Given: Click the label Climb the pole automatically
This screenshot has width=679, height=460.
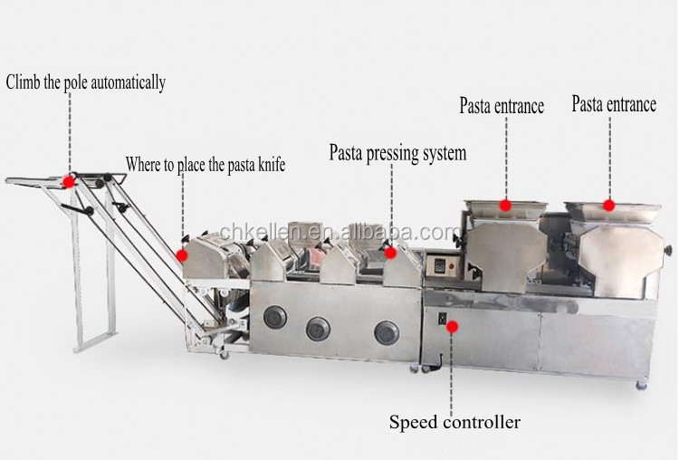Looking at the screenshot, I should [86, 83].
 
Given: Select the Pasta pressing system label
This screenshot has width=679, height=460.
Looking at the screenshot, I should [397, 153].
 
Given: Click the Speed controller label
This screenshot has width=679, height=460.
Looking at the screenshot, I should [454, 421].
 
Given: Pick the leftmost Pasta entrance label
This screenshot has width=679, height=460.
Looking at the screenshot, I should [501, 106].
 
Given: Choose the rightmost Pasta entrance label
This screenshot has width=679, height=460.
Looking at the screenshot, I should [613, 104].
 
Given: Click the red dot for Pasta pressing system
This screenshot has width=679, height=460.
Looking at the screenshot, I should [391, 254].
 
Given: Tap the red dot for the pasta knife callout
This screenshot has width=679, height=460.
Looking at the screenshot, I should [184, 240].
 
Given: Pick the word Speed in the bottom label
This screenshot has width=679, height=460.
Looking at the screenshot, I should [413, 421].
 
